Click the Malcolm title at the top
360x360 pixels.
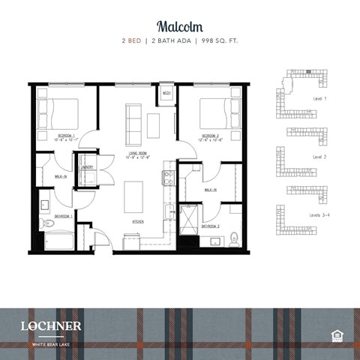point(180,25)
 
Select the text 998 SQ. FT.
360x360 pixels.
point(219,41)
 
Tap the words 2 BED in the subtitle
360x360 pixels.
point(132,41)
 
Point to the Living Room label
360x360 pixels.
point(135,156)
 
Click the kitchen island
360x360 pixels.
point(133,196)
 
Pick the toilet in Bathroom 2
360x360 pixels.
point(234,241)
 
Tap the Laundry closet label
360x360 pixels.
point(88,167)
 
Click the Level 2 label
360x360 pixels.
point(320,157)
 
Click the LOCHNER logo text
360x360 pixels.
point(52,325)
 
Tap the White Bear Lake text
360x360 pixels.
point(50,344)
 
